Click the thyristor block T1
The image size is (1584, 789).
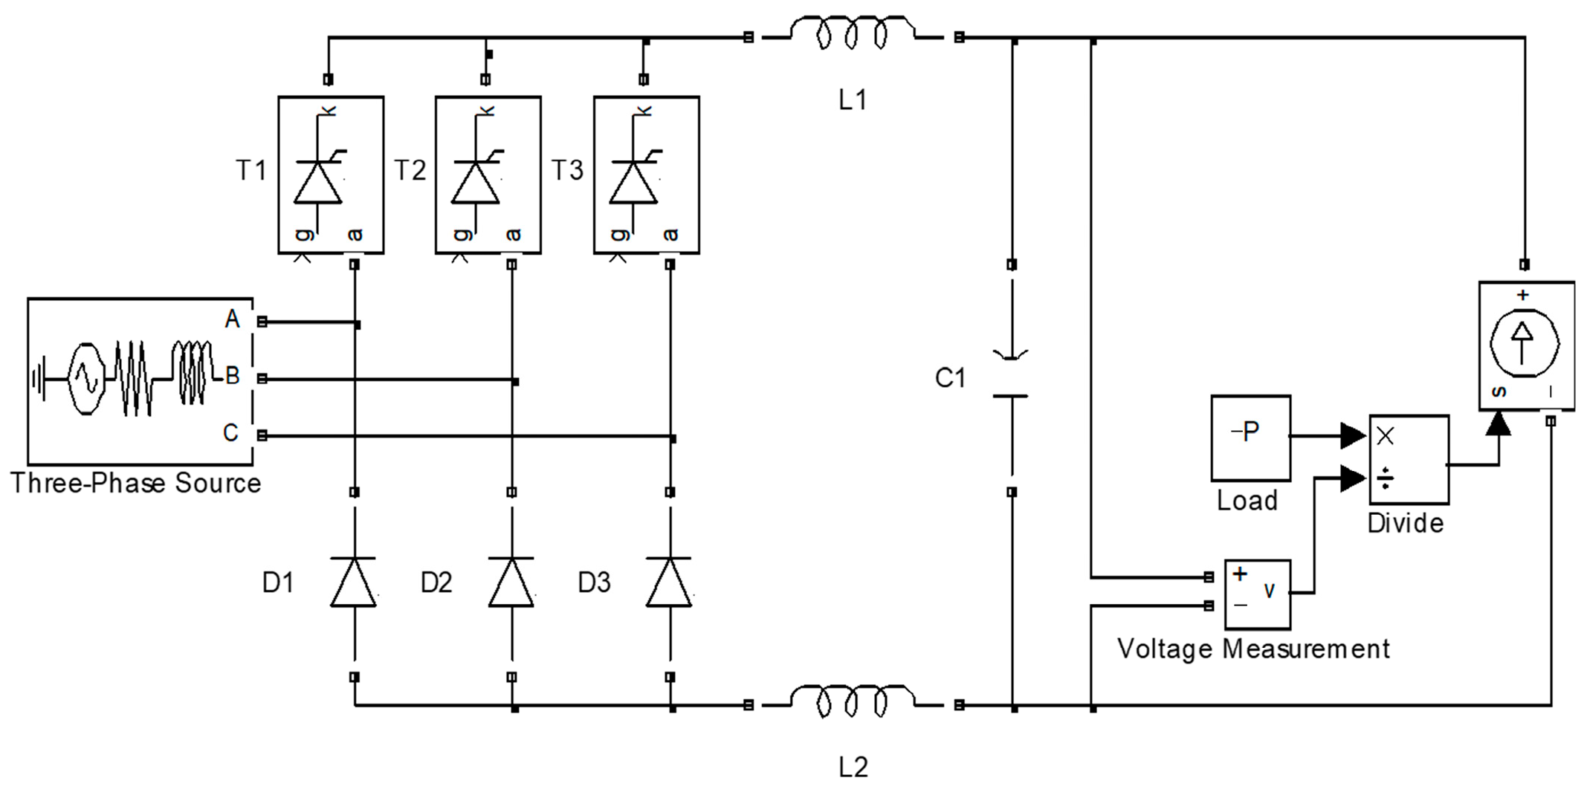331,175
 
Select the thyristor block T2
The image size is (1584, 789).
488,175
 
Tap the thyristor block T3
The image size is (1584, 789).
646,175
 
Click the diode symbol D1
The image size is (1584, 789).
354,582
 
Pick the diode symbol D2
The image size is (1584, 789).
511,582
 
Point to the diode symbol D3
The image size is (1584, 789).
669,582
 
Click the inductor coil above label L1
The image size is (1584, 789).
852,33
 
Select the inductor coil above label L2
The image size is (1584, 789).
852,701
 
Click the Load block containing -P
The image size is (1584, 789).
1250,438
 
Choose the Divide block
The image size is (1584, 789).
1409,459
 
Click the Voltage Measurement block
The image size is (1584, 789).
1257,594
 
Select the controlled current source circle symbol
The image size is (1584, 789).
1524,343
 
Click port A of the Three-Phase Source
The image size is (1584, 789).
233,319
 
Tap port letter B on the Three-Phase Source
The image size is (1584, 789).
233,376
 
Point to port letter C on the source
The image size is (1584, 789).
231,432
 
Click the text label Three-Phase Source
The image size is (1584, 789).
135,483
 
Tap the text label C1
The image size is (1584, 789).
950,378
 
